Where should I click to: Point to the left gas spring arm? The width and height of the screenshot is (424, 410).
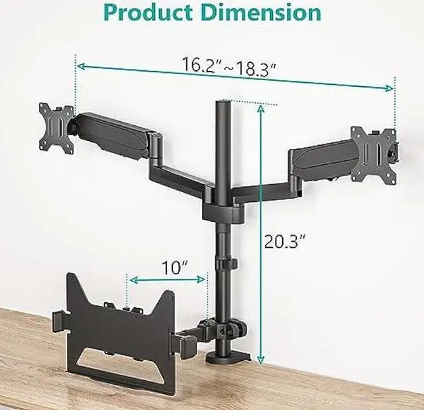point(112,131)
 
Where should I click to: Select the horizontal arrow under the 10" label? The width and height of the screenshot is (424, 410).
point(167,280)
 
